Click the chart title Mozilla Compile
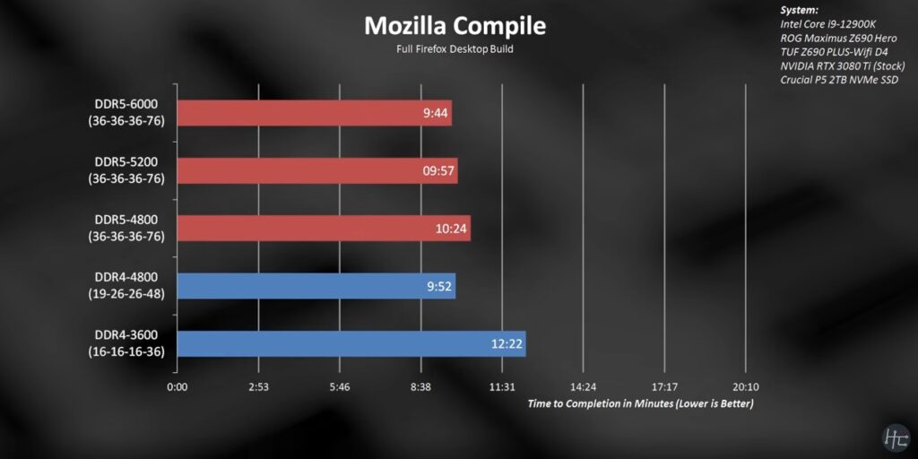pos(454,26)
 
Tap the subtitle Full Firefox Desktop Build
pos(454,48)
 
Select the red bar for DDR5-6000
pos(314,113)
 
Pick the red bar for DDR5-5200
pos(317,170)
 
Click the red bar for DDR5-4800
pos(324,228)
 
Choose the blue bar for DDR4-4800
pos(316,286)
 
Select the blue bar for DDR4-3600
pos(351,343)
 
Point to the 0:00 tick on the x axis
pos(177,387)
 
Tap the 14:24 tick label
pos(583,387)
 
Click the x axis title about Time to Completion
pos(640,403)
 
